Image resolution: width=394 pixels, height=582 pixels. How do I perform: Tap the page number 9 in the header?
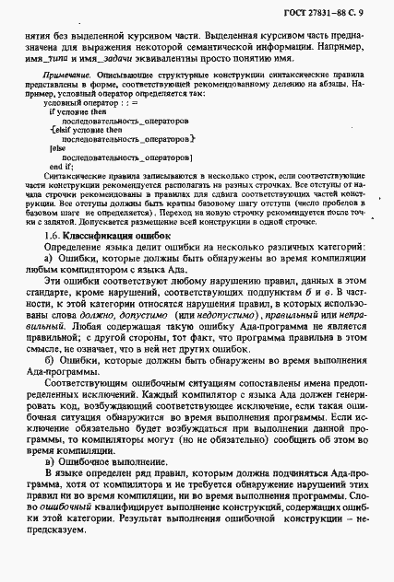379,10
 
